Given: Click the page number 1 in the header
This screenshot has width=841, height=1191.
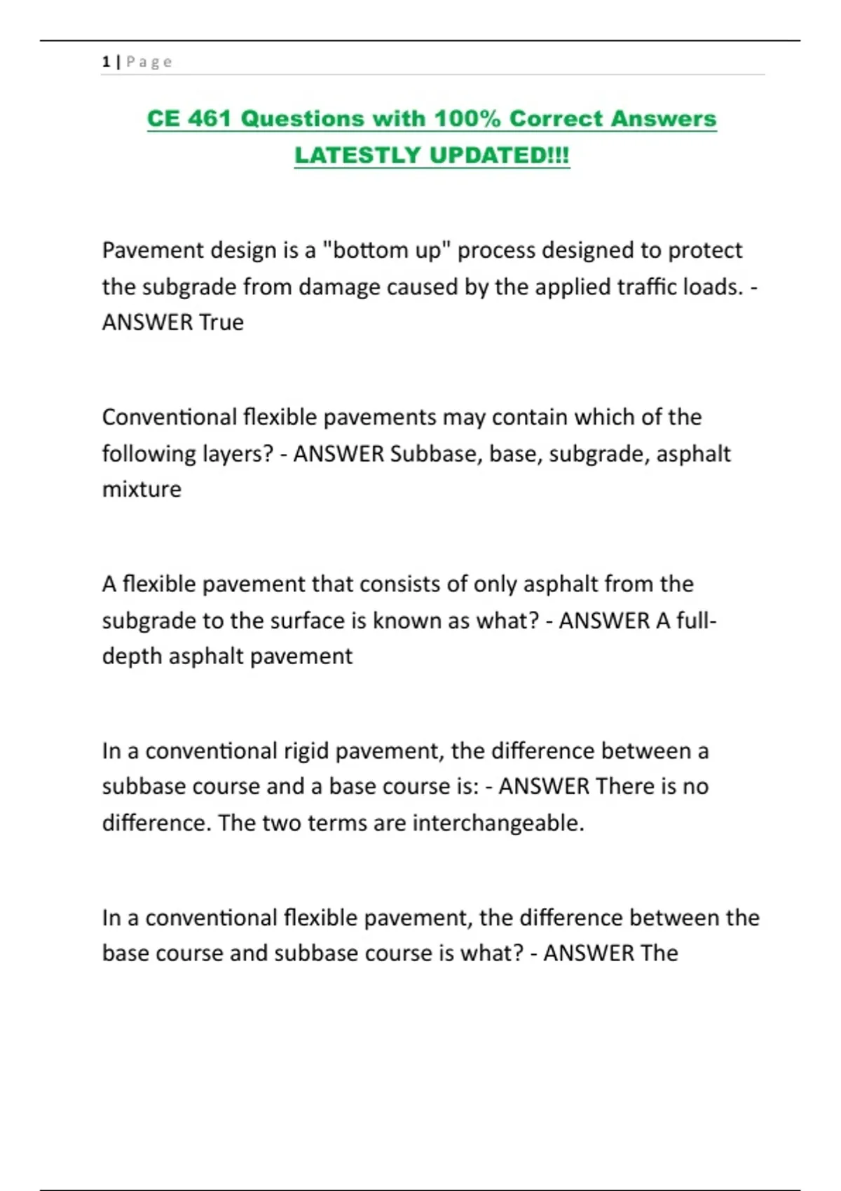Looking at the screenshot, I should tap(106, 62).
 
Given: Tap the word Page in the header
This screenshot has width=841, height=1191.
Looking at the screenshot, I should tap(149, 62).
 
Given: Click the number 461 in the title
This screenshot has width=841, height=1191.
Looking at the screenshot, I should tap(210, 118).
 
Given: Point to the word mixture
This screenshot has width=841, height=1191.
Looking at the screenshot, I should tap(142, 489).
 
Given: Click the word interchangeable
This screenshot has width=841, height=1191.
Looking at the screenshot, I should tap(498, 822).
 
